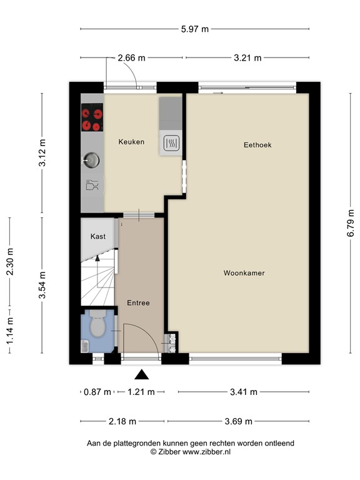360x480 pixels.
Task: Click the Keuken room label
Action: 131,142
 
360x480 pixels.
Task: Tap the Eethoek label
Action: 257,145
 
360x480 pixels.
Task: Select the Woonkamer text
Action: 244,273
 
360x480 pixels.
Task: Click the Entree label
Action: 138,303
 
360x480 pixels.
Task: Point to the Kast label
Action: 97,236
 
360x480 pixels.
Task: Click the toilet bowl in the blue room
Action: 98,325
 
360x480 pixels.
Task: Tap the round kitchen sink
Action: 92,161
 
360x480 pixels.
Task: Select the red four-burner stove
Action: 92,119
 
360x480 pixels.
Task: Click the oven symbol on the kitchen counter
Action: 171,144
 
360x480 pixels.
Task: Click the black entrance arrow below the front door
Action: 142,375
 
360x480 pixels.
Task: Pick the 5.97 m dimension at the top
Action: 194,29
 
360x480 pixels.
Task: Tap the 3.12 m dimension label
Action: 42,152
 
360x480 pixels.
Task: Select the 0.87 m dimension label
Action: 97,392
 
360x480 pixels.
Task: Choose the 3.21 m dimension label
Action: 247,58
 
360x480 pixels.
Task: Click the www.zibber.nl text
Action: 206,451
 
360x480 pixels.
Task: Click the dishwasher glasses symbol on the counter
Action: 91,185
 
